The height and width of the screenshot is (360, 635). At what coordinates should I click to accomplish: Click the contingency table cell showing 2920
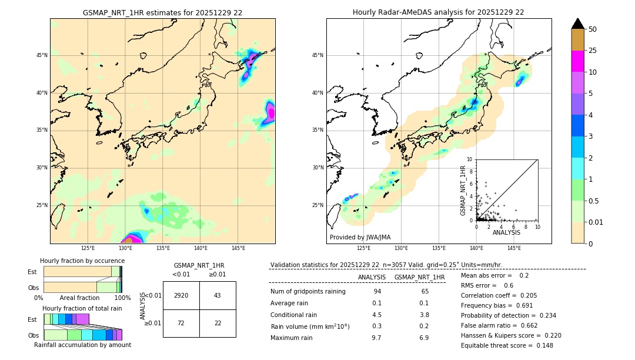coord(181,295)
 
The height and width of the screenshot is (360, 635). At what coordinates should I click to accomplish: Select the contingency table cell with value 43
coord(218,295)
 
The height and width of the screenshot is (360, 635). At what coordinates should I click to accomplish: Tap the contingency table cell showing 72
coord(181,324)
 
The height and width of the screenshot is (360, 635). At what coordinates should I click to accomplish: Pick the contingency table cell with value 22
coord(218,324)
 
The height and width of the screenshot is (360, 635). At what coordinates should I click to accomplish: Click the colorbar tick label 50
coord(593,29)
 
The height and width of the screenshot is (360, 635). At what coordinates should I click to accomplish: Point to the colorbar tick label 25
coord(593,51)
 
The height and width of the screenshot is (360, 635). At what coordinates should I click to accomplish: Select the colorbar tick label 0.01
coord(594,222)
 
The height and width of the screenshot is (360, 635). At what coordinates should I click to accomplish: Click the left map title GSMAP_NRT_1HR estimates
coord(162,12)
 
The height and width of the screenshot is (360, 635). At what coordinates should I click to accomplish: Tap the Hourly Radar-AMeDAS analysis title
coord(438,12)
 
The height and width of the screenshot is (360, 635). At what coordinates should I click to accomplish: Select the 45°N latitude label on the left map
coord(42,55)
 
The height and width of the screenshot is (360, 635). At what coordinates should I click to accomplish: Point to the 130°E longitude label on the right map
coord(402,249)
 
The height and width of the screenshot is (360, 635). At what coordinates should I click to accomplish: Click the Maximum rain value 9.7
coord(376,338)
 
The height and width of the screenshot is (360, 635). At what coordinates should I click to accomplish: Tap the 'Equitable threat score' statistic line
coord(507,345)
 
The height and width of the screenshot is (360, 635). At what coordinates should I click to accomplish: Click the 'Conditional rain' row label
coord(294,315)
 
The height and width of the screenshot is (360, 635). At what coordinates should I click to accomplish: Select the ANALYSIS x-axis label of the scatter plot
coord(506,232)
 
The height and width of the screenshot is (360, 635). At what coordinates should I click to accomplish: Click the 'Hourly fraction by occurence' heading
coord(82,261)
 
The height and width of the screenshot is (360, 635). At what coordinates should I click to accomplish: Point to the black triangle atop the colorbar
coord(578,24)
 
